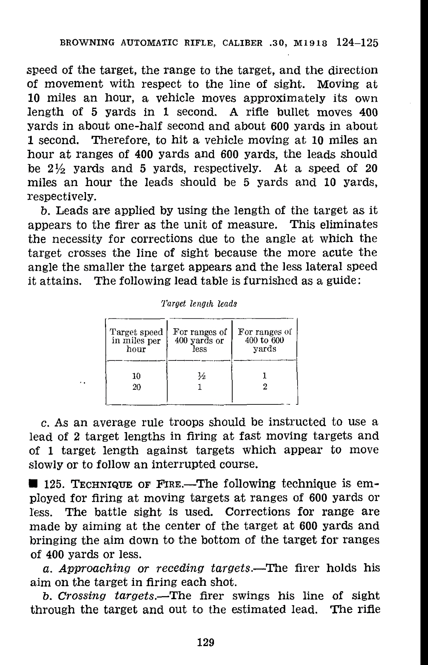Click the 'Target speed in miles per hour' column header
point(136,341)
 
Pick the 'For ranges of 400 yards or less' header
point(200,341)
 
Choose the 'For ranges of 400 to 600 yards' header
point(265,341)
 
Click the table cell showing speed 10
point(136,375)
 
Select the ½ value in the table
point(200,375)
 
